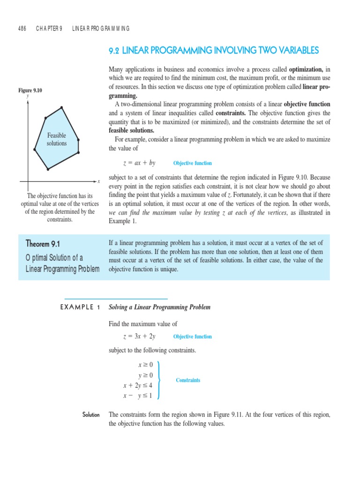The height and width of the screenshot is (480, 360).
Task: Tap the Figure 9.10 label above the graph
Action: coord(30,90)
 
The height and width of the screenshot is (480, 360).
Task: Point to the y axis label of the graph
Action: coord(28,96)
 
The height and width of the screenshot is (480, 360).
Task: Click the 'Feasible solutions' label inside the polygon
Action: coord(56,139)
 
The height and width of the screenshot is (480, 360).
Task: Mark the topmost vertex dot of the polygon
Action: coord(62,108)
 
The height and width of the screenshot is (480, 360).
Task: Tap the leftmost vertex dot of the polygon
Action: coord(35,150)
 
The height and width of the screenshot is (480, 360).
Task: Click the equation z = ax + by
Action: coord(139,163)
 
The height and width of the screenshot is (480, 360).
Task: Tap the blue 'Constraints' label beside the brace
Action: coord(188,380)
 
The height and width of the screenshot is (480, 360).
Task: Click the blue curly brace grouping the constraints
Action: coord(160,380)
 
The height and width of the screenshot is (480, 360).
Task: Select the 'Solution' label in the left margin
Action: coord(90,415)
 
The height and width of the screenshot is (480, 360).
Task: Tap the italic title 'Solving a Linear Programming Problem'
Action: coord(159,307)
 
